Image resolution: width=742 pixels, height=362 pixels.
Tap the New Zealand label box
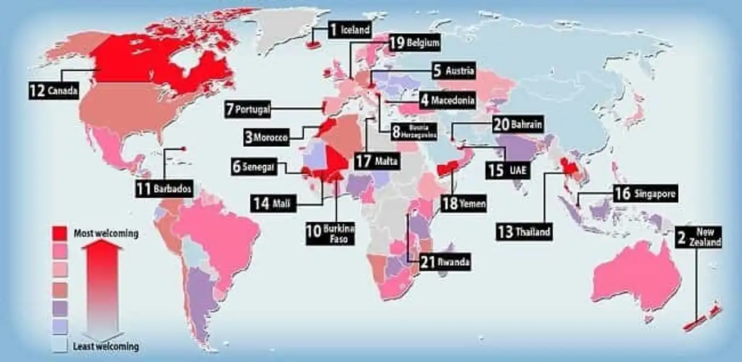tap(699, 238)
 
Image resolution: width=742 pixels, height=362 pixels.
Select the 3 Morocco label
tap(266, 138)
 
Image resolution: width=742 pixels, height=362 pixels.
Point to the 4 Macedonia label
tap(448, 100)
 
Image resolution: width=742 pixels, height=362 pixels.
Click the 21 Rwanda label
tap(445, 262)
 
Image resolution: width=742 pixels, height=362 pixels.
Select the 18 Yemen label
tap(464, 204)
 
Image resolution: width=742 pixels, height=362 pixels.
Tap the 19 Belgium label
tap(414, 42)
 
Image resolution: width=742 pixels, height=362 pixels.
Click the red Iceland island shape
tap(314, 45)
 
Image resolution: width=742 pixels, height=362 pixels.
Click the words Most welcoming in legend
tap(106, 234)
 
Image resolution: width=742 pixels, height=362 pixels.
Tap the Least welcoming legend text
tap(106, 347)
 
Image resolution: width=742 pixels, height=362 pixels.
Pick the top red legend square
tap(59, 233)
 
